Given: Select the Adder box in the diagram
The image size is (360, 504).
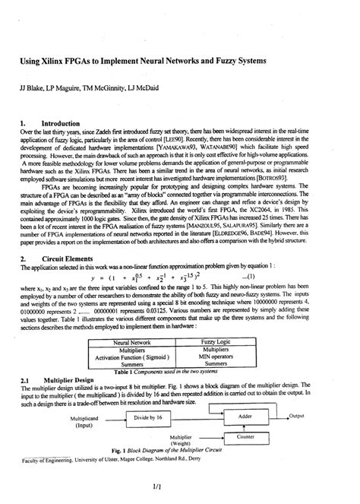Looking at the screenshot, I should [245, 417].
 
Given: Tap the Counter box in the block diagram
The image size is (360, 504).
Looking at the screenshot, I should [245, 438].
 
